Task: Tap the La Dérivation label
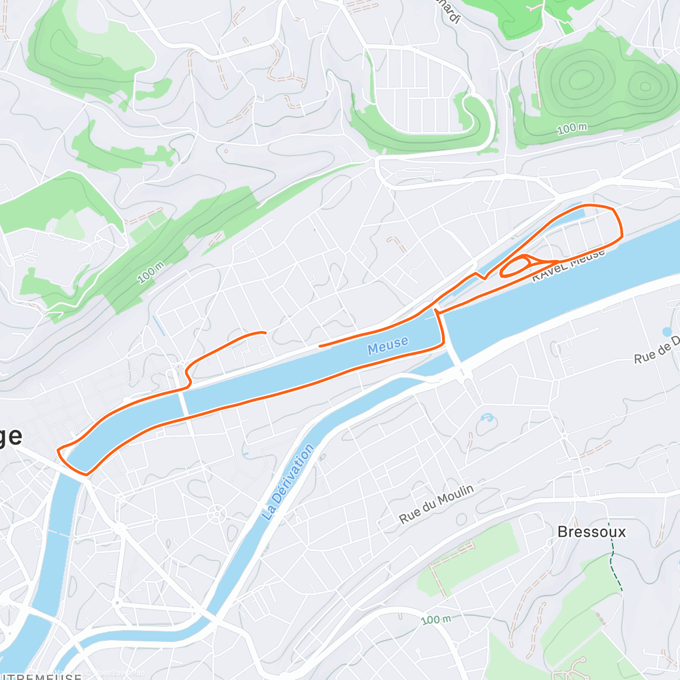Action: coord(288,483)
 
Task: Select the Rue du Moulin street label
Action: coord(436,504)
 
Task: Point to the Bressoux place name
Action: coord(592,532)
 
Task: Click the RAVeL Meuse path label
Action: coord(568,265)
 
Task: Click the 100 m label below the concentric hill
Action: coord(572,129)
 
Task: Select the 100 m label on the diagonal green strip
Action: coord(151,273)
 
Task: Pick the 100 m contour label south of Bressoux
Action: coord(436,619)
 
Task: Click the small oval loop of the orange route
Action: coord(516,266)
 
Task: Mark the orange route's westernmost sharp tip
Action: coord(58,450)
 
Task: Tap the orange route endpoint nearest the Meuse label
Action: coord(320,346)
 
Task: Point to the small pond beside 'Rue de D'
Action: coord(667,332)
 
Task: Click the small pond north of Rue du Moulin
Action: coord(487,419)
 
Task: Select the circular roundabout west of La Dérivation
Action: coord(216,515)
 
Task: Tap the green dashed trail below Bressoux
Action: coord(613,555)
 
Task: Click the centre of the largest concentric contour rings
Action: coord(580,79)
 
